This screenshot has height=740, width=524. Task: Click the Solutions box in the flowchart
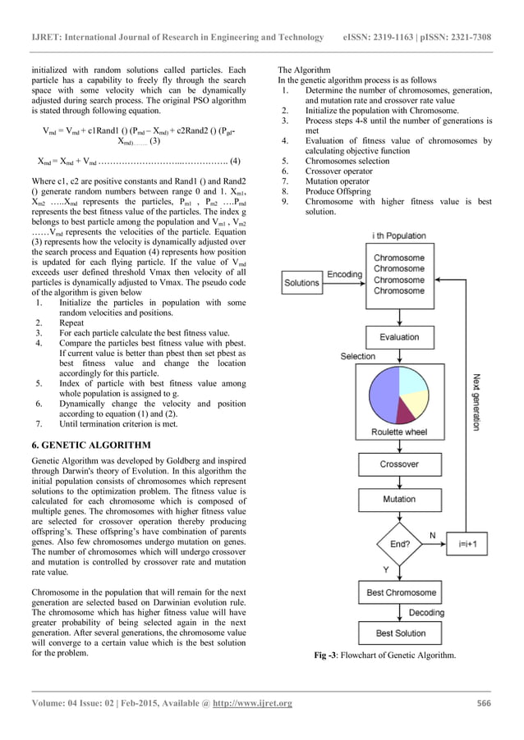click(x=301, y=282)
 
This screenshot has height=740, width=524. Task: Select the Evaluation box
click(x=399, y=337)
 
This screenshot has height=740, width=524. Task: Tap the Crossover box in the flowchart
click(x=399, y=464)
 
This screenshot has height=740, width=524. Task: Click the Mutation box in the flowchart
click(x=399, y=499)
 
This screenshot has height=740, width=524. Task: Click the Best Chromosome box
click(x=399, y=592)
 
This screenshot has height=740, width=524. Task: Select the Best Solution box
click(x=399, y=633)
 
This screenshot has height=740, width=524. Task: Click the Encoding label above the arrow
click(x=343, y=274)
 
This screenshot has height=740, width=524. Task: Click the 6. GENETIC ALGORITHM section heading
click(x=90, y=444)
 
